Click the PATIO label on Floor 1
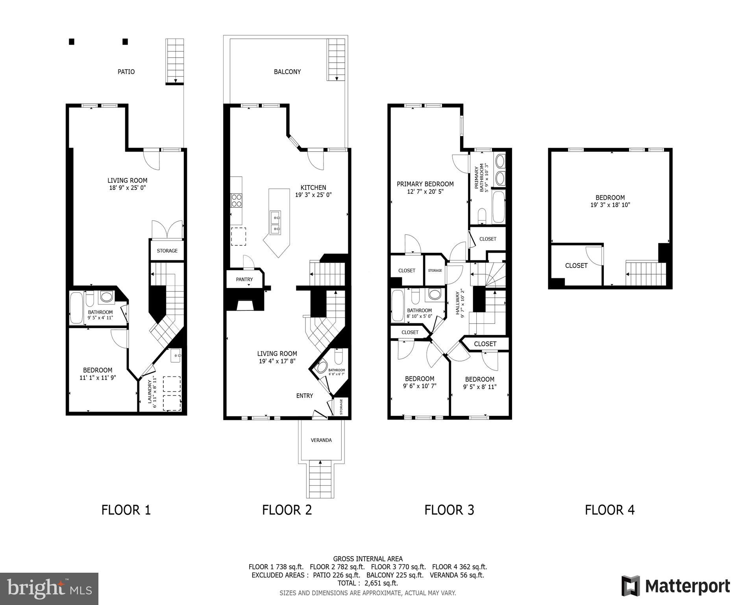(x=126, y=72)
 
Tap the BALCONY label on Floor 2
(x=287, y=72)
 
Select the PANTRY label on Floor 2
(x=244, y=279)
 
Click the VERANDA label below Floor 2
(x=321, y=440)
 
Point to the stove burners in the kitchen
(x=236, y=200)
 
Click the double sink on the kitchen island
(x=276, y=222)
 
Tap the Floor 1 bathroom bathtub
(x=76, y=308)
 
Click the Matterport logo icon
(x=630, y=586)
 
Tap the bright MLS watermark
(x=49, y=588)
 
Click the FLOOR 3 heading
(x=449, y=510)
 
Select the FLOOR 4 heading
(x=610, y=510)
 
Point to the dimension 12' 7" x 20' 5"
(x=425, y=191)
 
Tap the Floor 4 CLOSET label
(x=576, y=266)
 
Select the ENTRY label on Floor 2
(x=305, y=396)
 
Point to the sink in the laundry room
(x=176, y=356)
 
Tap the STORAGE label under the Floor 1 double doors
(x=167, y=251)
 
